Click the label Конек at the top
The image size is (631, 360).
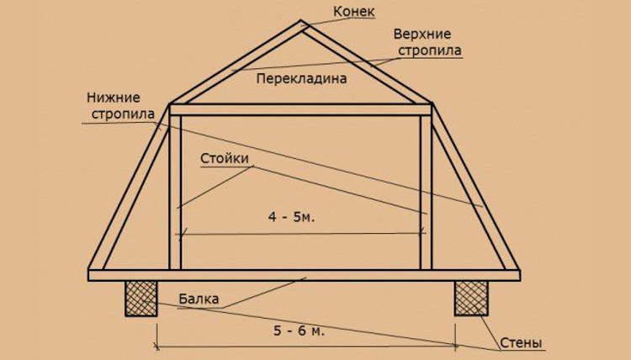353,12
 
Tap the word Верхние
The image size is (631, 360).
422,34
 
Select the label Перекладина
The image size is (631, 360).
301,78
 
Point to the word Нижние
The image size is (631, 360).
114,98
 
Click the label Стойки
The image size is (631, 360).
225,158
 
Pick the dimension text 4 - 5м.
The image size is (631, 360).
291,217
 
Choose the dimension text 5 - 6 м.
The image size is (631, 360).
299,331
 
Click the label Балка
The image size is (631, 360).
199,299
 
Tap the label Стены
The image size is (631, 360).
521,343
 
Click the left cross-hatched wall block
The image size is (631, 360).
141,299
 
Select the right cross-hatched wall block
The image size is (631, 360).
471,299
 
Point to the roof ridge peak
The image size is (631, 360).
300,21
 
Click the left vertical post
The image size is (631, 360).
176,193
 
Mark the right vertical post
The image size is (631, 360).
427,193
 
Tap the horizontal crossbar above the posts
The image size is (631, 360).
300,110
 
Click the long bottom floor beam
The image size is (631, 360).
304,275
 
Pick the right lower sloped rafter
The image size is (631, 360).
474,186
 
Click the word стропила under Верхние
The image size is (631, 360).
429,51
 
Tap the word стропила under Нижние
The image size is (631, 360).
123,114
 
